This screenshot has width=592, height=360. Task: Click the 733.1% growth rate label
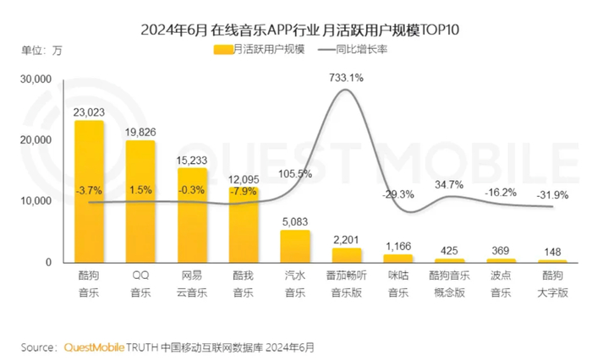click(346, 78)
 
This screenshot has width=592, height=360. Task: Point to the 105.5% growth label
click(295, 174)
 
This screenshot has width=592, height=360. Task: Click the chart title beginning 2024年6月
click(295, 30)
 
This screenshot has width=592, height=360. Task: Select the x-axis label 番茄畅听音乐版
click(346, 283)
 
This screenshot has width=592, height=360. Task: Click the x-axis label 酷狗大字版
click(551, 283)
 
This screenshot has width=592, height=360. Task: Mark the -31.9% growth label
click(551, 195)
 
